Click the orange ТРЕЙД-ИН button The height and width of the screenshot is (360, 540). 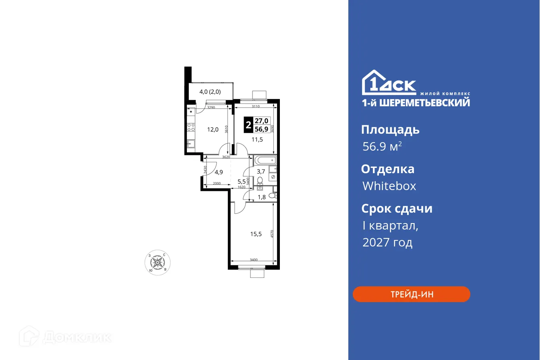pos(411,294)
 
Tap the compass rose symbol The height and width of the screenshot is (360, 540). pos(157,263)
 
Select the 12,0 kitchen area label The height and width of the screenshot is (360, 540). pos(213,129)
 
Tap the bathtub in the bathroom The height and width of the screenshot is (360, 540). pos(265,160)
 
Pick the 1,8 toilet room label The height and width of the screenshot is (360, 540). pos(261,197)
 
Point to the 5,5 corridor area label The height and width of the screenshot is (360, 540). pos(241,182)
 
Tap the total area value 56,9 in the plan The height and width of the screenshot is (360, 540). pos(262,129)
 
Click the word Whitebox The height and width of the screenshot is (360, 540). pos(389,186)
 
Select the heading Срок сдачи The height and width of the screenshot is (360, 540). pos(397,209)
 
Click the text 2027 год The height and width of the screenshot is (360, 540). pos(387,243)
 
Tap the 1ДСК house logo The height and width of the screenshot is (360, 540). pos(389,83)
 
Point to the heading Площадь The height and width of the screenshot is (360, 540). pos(390,130)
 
